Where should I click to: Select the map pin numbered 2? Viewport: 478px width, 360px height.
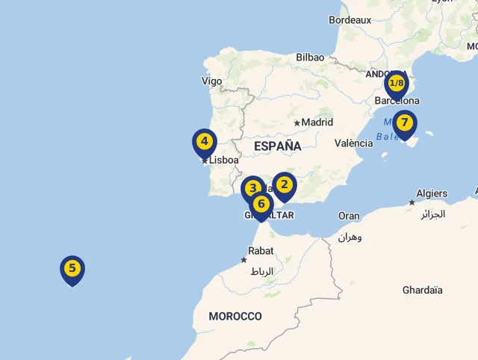pos(284,184)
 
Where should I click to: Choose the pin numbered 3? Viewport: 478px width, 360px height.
pos(253,188)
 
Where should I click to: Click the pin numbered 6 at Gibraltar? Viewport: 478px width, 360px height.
pos(261,204)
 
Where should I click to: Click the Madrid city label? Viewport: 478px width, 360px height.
pos(317,122)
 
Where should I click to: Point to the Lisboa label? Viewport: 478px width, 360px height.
pos(224,160)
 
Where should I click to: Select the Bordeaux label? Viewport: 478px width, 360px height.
pos(350,19)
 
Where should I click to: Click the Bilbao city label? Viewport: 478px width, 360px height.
pos(310,57)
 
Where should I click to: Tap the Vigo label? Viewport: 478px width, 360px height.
pos(211,81)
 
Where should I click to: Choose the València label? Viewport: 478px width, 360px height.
pos(353,143)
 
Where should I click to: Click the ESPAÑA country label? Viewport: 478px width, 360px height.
pos(277,146)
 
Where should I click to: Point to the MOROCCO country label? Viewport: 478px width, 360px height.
pos(235,316)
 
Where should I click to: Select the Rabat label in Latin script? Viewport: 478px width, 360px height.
pos(261,251)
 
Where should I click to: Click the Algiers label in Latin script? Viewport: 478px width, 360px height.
pos(432,193)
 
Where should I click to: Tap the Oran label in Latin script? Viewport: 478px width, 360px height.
pos(349,216)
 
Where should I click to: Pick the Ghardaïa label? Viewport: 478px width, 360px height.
pos(422,290)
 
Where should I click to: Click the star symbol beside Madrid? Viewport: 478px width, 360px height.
pos(297,122)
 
